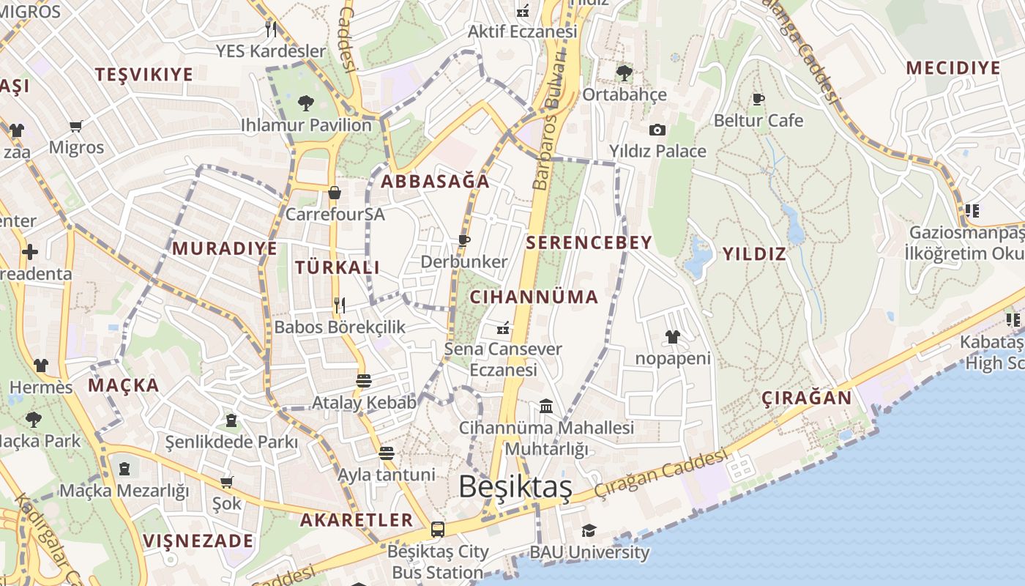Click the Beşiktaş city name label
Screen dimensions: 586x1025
tap(515, 487)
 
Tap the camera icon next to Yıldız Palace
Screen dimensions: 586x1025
tap(657, 130)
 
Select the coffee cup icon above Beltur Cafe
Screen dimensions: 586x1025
tap(758, 99)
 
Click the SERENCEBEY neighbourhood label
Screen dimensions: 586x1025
tap(589, 242)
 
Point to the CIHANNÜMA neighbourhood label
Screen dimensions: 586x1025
tap(534, 297)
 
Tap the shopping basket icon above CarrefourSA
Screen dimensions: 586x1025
tap(335, 193)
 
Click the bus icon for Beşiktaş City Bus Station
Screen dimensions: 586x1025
tap(438, 529)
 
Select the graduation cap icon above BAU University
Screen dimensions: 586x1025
tap(589, 530)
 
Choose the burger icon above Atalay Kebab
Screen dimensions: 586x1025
tap(364, 380)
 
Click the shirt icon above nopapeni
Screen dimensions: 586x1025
tap(672, 337)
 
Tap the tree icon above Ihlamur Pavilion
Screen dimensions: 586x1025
tap(306, 103)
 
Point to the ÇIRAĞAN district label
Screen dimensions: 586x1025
tap(807, 398)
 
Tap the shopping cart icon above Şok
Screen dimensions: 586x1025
tap(227, 482)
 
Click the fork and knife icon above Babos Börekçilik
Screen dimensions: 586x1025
tap(339, 305)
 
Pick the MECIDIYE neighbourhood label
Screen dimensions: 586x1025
tap(953, 68)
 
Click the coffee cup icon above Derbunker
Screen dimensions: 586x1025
tap(463, 240)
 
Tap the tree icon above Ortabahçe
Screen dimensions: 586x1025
tap(624, 73)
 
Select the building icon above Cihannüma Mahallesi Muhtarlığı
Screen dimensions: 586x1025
tap(546, 406)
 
